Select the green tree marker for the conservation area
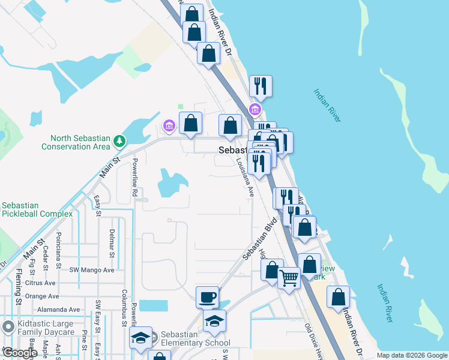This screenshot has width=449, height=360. coord(120,141)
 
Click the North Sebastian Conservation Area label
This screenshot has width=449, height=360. coord(76,142)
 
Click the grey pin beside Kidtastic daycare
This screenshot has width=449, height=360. coord(8,327)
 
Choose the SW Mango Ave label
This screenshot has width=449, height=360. coord(91,270)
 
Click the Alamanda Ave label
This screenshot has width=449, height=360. coord(58,310)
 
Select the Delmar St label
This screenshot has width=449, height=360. coord(112,243)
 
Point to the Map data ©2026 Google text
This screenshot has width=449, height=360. coord(412,355)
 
